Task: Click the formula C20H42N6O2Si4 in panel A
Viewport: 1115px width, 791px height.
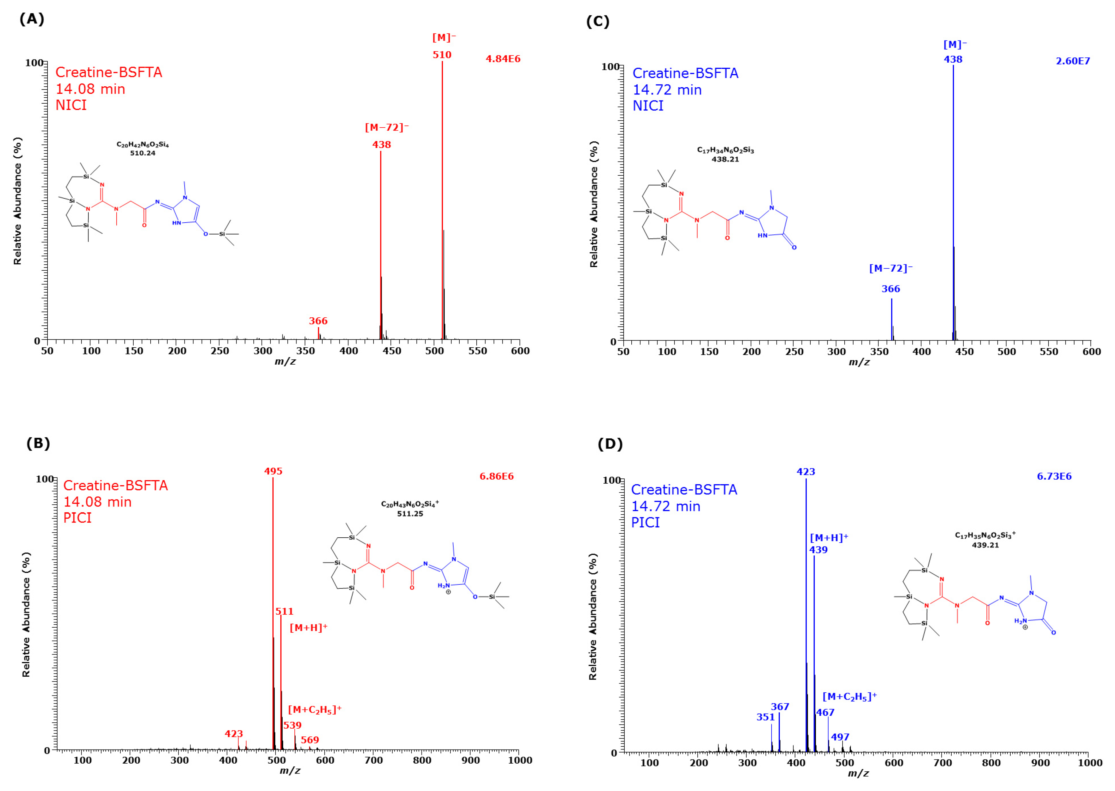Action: click(x=142, y=145)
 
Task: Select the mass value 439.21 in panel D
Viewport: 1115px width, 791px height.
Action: click(x=985, y=545)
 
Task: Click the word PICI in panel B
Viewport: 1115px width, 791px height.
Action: click(x=78, y=518)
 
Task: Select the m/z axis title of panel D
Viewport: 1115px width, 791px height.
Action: click(x=858, y=773)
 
